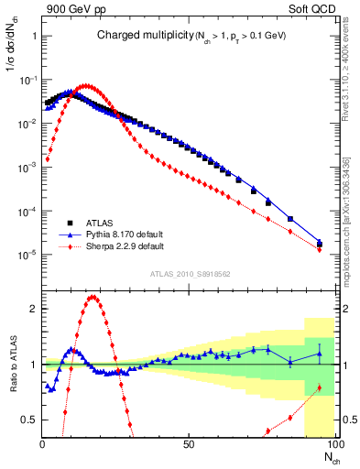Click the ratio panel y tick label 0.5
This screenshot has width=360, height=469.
coord(29,420)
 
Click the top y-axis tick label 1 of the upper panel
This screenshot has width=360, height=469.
coord(34,36)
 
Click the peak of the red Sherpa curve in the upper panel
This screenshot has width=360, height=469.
coord(85,86)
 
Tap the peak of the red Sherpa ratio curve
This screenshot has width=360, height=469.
coord(93,297)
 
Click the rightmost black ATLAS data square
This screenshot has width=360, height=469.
coord(319,244)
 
